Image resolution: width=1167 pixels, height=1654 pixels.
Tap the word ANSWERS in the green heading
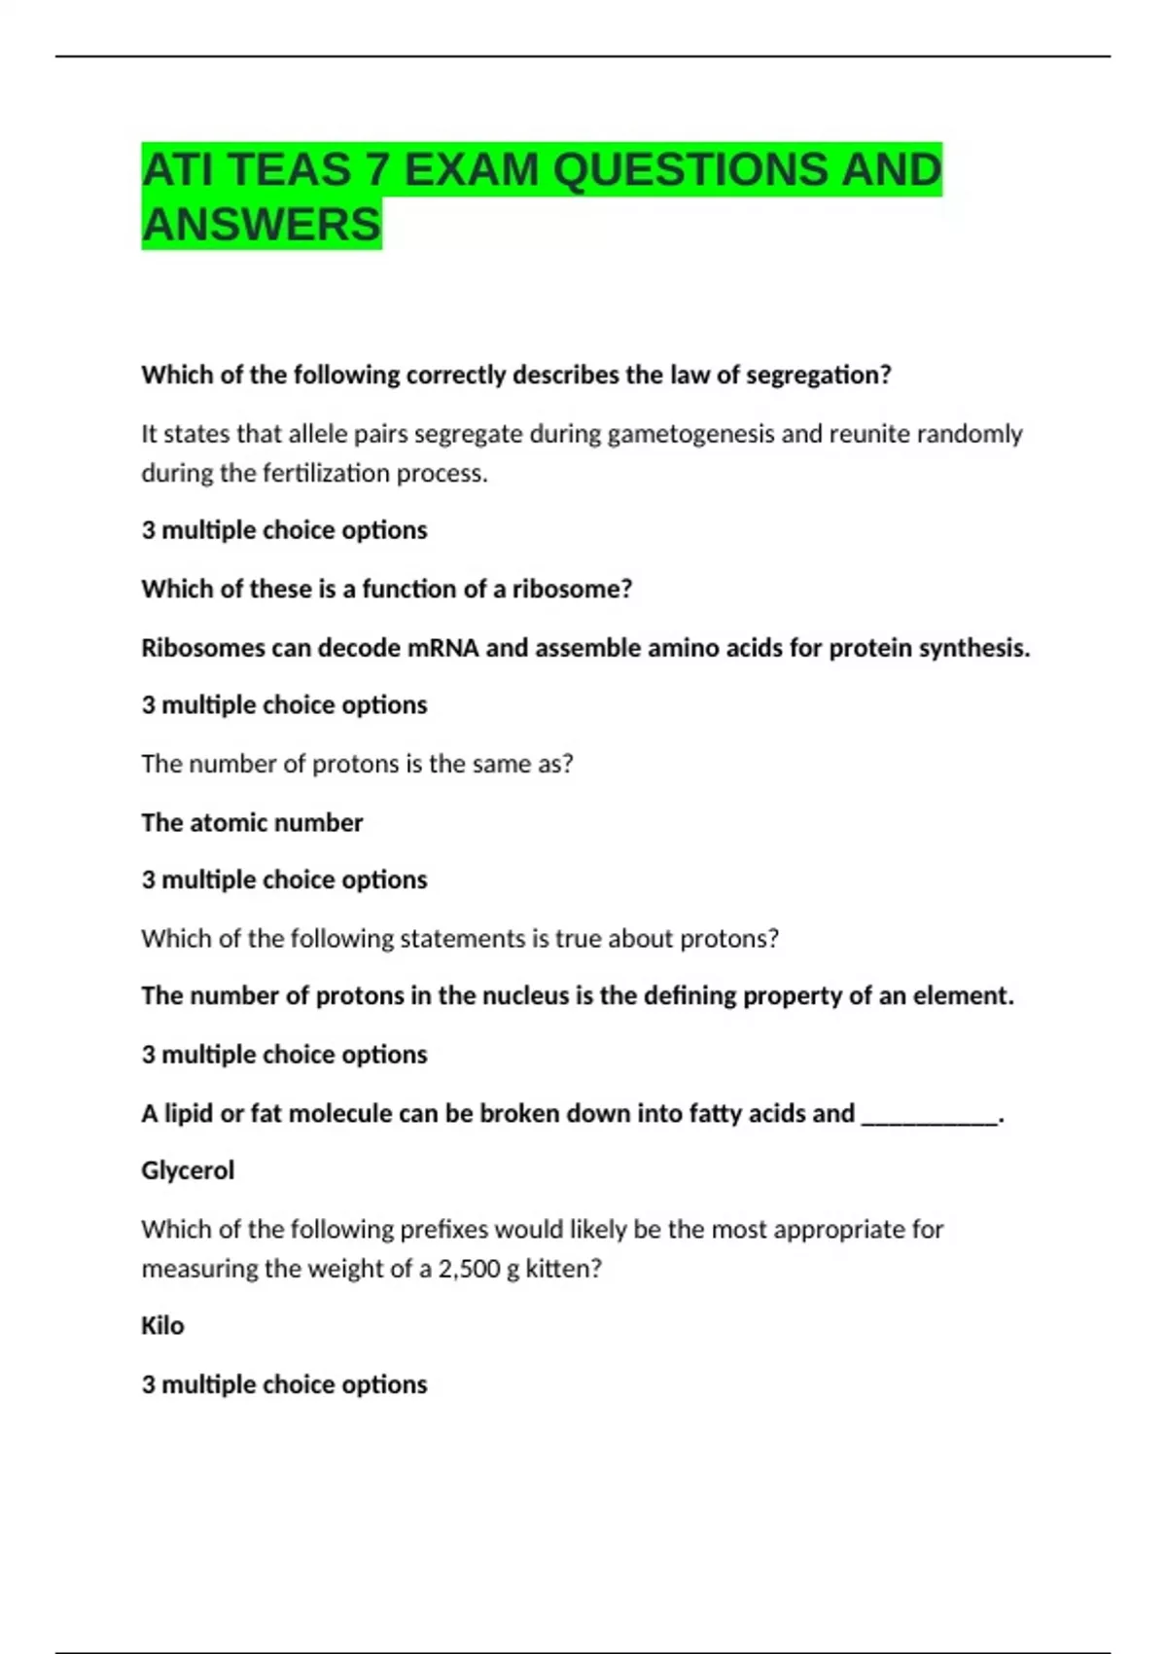coord(261,225)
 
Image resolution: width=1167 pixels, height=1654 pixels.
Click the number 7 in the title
coord(375,170)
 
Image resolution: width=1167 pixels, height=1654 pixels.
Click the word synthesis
coord(974,648)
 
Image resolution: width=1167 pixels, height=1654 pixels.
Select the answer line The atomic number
coord(252,823)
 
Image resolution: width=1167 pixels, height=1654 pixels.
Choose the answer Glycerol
coord(188,1170)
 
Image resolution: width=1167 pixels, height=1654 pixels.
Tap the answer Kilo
coord(162,1326)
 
